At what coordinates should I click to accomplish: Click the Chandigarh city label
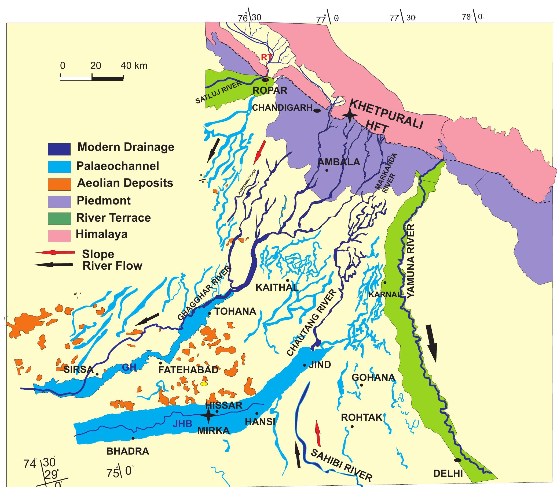tap(282, 108)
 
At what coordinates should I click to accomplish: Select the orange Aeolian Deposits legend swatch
tap(59, 184)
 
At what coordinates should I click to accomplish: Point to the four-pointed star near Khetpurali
tap(350, 115)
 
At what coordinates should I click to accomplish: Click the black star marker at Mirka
tap(208, 415)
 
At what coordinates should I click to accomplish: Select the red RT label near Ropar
tap(266, 57)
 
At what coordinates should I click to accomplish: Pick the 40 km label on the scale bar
tap(134, 66)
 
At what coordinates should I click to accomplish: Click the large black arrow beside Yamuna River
tap(432, 343)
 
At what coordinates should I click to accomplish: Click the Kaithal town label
tap(277, 287)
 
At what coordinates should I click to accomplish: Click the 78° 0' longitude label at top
tap(474, 17)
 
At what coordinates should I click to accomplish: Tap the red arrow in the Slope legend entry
tap(55, 252)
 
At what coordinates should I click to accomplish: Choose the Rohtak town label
tap(362, 417)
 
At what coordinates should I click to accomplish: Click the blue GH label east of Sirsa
tap(129, 367)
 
